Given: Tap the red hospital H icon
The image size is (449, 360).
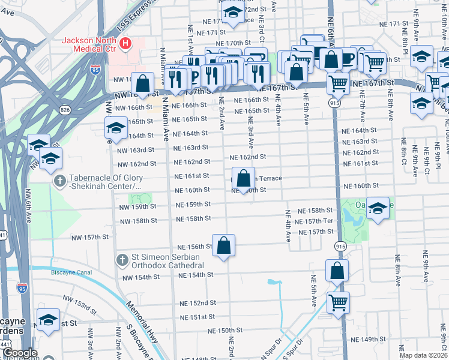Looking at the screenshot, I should [125, 43].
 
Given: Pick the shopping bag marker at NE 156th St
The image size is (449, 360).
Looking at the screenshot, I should [223, 245].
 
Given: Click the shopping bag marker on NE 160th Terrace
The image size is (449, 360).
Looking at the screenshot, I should [243, 179].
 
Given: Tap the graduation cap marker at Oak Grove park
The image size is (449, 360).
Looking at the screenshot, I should [378, 208].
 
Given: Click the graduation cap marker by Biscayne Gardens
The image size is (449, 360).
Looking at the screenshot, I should [49, 319].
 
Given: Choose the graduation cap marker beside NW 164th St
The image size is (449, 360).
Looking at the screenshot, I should [116, 128].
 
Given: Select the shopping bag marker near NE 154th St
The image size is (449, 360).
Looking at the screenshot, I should [337, 271].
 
